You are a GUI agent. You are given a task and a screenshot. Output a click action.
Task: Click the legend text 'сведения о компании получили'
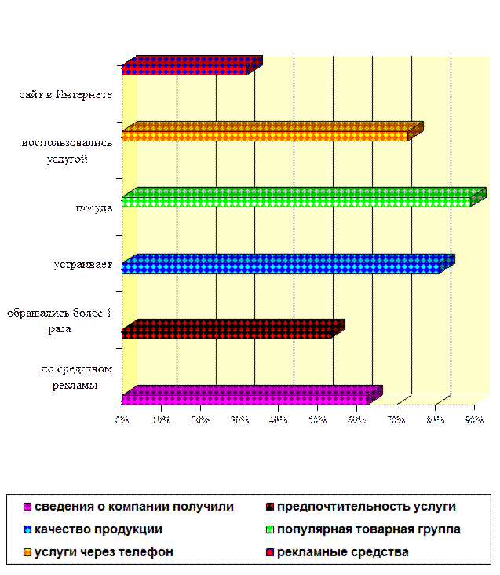point(134,507)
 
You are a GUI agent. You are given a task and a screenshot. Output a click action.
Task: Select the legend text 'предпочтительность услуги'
point(367,507)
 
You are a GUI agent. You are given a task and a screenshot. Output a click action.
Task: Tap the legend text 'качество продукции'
point(98,529)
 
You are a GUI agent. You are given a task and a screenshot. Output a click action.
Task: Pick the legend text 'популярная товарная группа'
point(369,529)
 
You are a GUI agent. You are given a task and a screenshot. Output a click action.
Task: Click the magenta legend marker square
point(27,507)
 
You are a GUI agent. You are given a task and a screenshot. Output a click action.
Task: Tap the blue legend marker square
point(27,530)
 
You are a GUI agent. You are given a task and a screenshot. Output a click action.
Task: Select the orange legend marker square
point(27,553)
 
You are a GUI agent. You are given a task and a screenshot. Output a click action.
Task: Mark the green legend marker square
point(270,530)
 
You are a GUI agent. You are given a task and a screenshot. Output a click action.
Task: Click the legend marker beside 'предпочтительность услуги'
point(270,507)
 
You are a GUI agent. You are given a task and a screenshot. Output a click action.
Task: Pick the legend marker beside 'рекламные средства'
point(270,553)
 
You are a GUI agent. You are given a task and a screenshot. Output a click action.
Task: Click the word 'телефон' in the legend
point(150,552)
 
